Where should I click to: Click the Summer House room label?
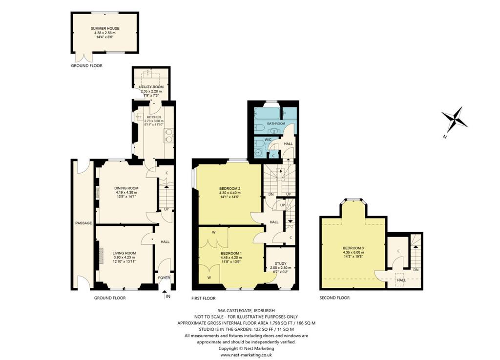[105, 28]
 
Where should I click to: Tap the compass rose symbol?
[455, 120]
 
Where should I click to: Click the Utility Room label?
[151, 87]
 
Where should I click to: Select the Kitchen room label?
[154, 117]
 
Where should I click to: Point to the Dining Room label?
[126, 188]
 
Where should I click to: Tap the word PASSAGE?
[83, 223]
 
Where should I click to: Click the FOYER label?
[164, 278]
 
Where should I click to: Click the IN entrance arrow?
[165, 295]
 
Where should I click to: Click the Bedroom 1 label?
[231, 253]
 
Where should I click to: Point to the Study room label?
[281, 263]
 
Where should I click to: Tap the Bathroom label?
[276, 123]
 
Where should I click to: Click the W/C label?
[268, 140]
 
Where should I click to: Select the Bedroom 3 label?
[354, 248]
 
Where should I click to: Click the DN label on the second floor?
[416, 270]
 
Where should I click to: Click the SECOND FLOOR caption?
[334, 298]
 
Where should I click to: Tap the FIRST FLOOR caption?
[204, 298]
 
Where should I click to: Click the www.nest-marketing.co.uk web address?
[246, 355]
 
